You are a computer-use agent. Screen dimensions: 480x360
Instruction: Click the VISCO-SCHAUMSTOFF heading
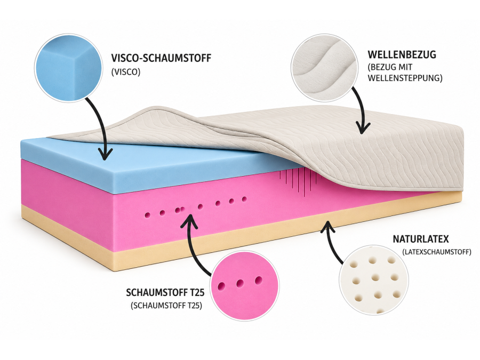[x=161, y=58]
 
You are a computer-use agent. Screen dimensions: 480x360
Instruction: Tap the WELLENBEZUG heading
[x=402, y=54]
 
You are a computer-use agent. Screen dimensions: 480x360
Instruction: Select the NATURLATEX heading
[x=421, y=239]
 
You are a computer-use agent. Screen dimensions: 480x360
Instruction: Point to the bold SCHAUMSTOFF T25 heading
[x=165, y=292]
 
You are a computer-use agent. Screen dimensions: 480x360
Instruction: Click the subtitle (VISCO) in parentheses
[x=126, y=72]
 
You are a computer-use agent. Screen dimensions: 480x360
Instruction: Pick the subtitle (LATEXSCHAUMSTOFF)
[x=437, y=252]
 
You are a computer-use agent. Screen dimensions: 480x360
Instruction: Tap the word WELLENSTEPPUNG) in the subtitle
[x=405, y=78]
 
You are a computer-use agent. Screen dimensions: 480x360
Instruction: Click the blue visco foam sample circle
[x=68, y=68]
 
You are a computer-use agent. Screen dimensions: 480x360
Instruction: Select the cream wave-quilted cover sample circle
[x=324, y=67]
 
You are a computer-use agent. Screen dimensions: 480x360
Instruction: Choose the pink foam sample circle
[x=245, y=286]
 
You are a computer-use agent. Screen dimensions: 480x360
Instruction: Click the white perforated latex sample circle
[x=373, y=280]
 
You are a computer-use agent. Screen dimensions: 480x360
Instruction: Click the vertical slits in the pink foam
[x=299, y=181]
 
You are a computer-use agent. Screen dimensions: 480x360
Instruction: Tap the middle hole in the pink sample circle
[x=240, y=284]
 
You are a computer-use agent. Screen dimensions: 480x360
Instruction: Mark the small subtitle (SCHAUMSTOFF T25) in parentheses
[x=166, y=306]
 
